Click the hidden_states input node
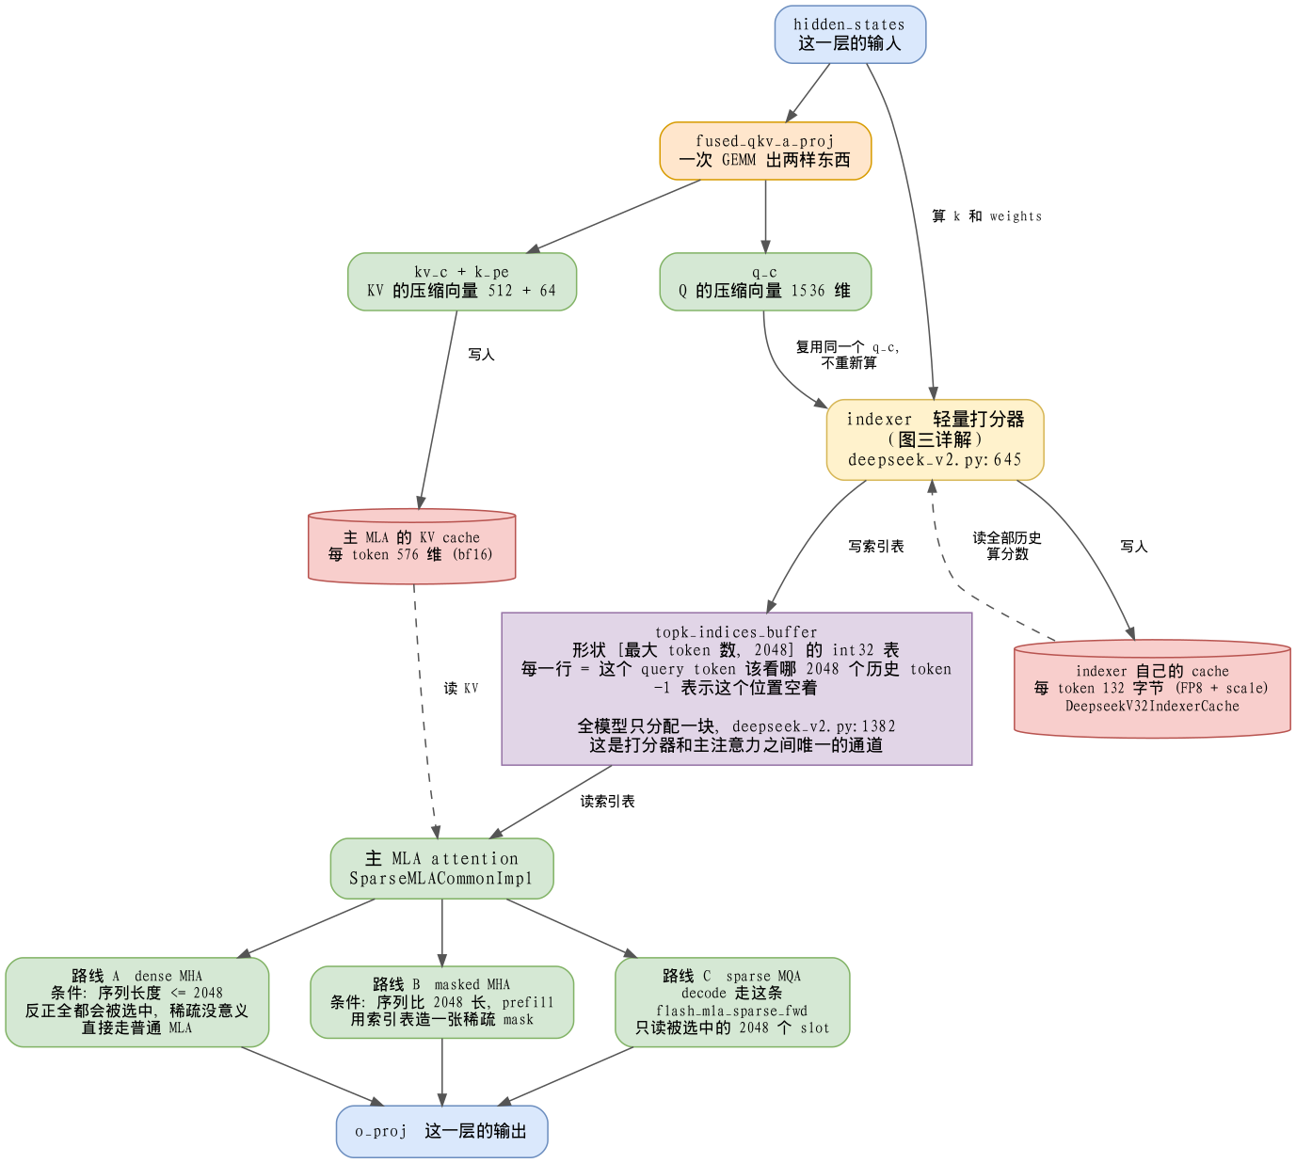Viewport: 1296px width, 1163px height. [850, 35]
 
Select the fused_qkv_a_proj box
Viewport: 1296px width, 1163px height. [765, 151]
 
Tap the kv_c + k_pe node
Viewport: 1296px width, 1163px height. [462, 281]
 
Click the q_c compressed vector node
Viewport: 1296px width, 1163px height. [765, 281]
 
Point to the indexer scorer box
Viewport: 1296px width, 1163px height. [936, 439]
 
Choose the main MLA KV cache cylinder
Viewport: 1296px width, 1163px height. [412, 546]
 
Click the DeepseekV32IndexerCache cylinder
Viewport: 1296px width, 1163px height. [1152, 689]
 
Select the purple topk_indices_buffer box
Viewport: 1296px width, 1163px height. [737, 689]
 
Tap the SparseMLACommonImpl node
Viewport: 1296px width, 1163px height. [442, 868]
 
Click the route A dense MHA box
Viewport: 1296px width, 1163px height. [136, 1002]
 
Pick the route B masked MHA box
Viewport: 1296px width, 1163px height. [442, 1002]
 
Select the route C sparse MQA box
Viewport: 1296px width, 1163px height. [732, 1002]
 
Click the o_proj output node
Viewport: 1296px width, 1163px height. [442, 1131]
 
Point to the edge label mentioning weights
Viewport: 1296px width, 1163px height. [987, 216]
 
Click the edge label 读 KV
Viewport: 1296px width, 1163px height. [461, 689]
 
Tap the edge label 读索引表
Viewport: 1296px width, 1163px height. [608, 801]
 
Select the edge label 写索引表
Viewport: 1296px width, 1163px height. [876, 547]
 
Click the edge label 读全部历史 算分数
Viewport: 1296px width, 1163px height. [1007, 546]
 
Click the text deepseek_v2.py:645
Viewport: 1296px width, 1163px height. [935, 459]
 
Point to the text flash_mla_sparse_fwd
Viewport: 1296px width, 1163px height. [732, 1011]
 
